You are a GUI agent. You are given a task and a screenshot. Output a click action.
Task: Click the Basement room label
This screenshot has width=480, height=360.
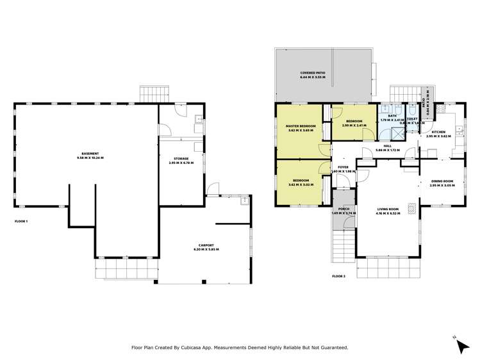click(x=88, y=154)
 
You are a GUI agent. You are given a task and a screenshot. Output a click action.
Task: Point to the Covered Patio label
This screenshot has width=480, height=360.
click(x=313, y=74)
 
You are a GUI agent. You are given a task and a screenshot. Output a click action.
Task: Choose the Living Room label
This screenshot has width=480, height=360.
click(x=388, y=209)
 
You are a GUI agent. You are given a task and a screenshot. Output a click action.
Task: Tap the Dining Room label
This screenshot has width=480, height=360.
click(x=442, y=180)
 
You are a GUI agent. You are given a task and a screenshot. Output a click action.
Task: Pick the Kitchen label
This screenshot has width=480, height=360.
click(x=439, y=133)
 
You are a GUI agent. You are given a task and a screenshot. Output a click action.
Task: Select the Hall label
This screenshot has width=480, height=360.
click(x=387, y=147)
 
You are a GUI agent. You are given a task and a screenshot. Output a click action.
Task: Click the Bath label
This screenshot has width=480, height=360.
click(x=392, y=116)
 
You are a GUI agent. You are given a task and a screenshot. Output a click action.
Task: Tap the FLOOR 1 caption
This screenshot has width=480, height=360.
click(x=21, y=222)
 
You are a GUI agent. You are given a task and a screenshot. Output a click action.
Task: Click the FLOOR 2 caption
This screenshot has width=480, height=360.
click(x=338, y=276)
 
